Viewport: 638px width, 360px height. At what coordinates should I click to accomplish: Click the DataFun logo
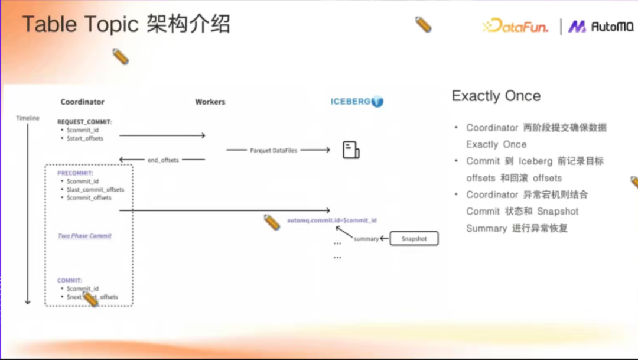515,26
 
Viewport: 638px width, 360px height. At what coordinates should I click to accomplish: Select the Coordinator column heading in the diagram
82,102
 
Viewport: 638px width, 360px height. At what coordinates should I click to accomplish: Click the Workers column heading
210,102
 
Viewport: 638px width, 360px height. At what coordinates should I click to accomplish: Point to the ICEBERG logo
357,102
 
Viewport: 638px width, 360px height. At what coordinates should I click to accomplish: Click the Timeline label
27,118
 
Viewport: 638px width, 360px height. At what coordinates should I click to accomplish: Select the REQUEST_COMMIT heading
84,121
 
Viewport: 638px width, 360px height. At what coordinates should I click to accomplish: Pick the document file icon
351,150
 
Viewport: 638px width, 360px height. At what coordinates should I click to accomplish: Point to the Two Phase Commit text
84,236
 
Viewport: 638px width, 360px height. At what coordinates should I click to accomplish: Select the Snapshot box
414,239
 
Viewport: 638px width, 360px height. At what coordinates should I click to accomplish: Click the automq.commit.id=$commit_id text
331,220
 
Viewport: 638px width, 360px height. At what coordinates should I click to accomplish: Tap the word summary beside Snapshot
366,239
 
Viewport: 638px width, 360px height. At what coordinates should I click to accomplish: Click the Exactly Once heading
496,96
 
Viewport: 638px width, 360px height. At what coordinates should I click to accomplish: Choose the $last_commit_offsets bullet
95,190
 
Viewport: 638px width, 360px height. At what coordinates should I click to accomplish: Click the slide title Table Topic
80,25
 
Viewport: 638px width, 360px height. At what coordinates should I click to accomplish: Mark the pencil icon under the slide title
121,57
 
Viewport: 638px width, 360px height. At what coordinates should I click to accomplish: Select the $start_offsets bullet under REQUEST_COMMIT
85,138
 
